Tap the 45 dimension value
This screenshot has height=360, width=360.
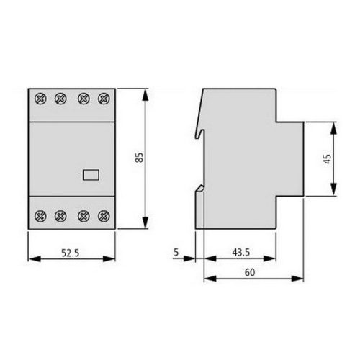click(328, 159)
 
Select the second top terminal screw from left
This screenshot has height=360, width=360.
click(60, 98)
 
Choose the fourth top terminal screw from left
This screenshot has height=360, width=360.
click(105, 98)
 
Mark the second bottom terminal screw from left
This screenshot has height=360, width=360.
click(60, 214)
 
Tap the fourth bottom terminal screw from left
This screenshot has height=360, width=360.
click(105, 214)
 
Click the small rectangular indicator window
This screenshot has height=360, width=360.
click(92, 173)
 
